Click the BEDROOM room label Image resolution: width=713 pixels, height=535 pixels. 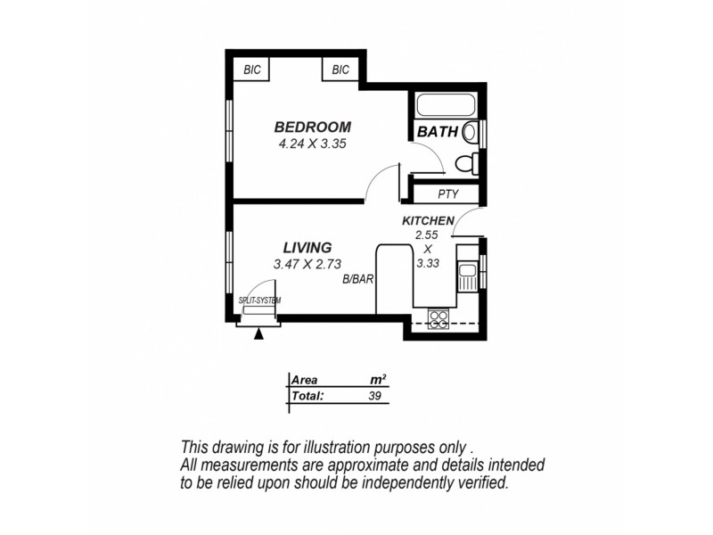(312, 127)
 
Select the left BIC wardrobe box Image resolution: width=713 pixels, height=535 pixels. (252, 70)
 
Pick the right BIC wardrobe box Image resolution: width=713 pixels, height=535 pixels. (340, 70)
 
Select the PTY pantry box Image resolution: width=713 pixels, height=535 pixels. (447, 193)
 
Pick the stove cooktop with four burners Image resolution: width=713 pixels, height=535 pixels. (438, 318)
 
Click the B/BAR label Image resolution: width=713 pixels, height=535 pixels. (357, 279)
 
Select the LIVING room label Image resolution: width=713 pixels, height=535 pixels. (307, 247)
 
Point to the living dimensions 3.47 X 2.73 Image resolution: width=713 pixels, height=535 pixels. (307, 263)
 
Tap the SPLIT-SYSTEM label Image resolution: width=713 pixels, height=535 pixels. (259, 301)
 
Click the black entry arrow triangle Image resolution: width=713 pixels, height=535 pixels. (259, 334)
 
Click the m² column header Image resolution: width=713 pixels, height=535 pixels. (377, 379)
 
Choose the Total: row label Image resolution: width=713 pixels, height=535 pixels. (307, 395)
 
